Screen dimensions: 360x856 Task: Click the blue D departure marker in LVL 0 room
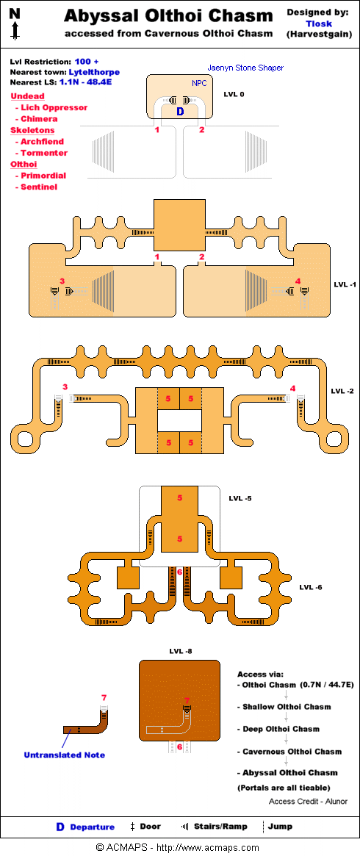click(179, 112)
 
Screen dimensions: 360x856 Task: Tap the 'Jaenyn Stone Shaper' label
click(245, 68)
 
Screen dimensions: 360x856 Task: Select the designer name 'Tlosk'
click(319, 24)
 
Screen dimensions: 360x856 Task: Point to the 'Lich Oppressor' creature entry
click(54, 107)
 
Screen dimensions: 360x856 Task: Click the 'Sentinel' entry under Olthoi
click(39, 187)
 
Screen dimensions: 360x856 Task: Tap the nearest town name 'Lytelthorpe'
click(94, 72)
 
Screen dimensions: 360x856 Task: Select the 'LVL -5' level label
click(240, 498)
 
